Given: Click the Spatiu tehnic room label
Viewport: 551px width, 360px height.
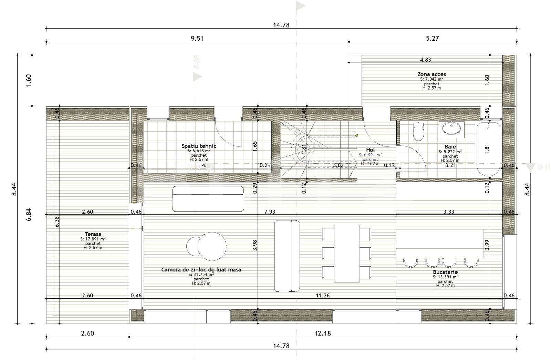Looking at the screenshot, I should click(x=199, y=146).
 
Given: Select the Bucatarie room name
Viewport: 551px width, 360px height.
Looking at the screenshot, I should click(x=445, y=272).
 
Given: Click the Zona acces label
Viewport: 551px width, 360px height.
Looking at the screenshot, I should click(x=432, y=74).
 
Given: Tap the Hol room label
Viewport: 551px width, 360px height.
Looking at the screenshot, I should click(x=370, y=150).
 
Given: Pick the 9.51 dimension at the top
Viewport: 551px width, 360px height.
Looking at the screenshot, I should click(x=197, y=38).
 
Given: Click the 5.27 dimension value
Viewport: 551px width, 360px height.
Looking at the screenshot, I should click(x=433, y=38).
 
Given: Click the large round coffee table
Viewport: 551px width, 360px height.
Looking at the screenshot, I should click(x=212, y=246).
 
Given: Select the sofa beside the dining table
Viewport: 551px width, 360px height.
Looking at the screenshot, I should click(x=287, y=256).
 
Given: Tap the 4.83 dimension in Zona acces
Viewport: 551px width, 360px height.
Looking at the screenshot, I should click(x=425, y=60).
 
